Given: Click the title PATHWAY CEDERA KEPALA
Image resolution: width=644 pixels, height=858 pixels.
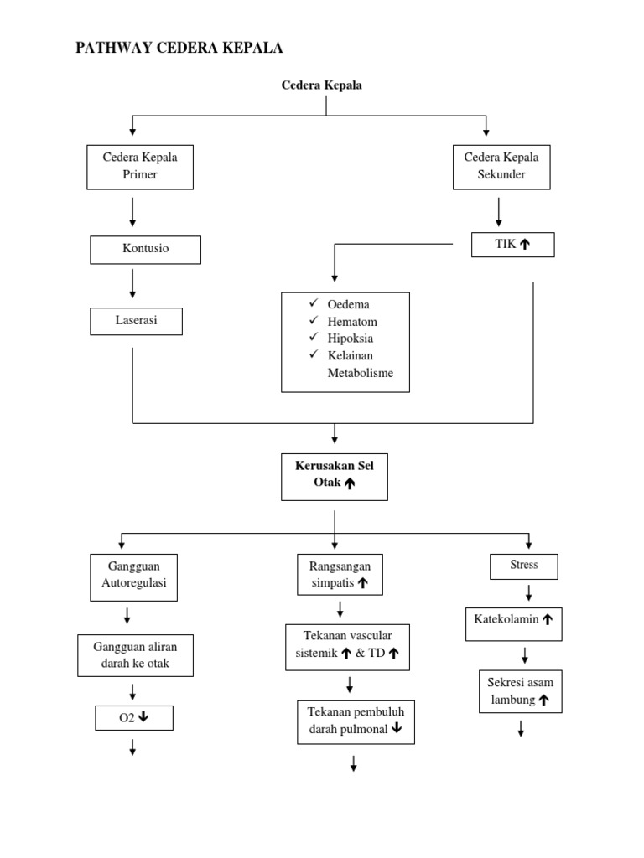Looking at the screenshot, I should click(x=179, y=49).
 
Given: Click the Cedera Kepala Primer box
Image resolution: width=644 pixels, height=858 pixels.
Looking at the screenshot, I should click(x=141, y=166).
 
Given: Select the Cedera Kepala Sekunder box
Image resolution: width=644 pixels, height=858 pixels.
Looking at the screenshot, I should click(x=502, y=166).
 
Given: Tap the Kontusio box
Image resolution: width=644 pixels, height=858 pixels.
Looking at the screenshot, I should click(x=146, y=249).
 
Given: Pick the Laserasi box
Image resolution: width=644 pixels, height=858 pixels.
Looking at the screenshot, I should click(x=136, y=321).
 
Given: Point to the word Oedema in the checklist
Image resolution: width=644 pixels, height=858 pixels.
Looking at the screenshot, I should click(x=349, y=304).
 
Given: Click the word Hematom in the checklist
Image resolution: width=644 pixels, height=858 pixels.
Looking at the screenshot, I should click(x=352, y=321).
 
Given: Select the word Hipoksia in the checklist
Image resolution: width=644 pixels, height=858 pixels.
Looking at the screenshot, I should click(x=351, y=339).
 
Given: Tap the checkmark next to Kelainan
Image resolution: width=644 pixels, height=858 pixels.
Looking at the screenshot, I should click(x=313, y=355).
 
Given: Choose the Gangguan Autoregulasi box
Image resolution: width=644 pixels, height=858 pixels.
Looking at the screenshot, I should click(x=134, y=576).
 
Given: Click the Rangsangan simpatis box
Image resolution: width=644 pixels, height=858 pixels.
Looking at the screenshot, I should click(x=340, y=574).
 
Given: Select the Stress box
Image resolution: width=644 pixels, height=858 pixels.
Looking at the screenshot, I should click(x=523, y=566).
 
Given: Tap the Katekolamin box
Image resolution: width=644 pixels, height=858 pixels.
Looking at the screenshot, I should click(x=513, y=621).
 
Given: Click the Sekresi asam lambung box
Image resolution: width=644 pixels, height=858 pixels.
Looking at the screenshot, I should click(x=521, y=690).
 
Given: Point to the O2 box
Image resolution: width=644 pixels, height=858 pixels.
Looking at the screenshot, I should click(x=133, y=718).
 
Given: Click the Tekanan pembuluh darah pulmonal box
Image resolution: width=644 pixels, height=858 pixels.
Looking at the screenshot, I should click(x=356, y=721).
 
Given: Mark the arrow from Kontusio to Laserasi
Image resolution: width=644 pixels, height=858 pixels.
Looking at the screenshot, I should click(x=132, y=285).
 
